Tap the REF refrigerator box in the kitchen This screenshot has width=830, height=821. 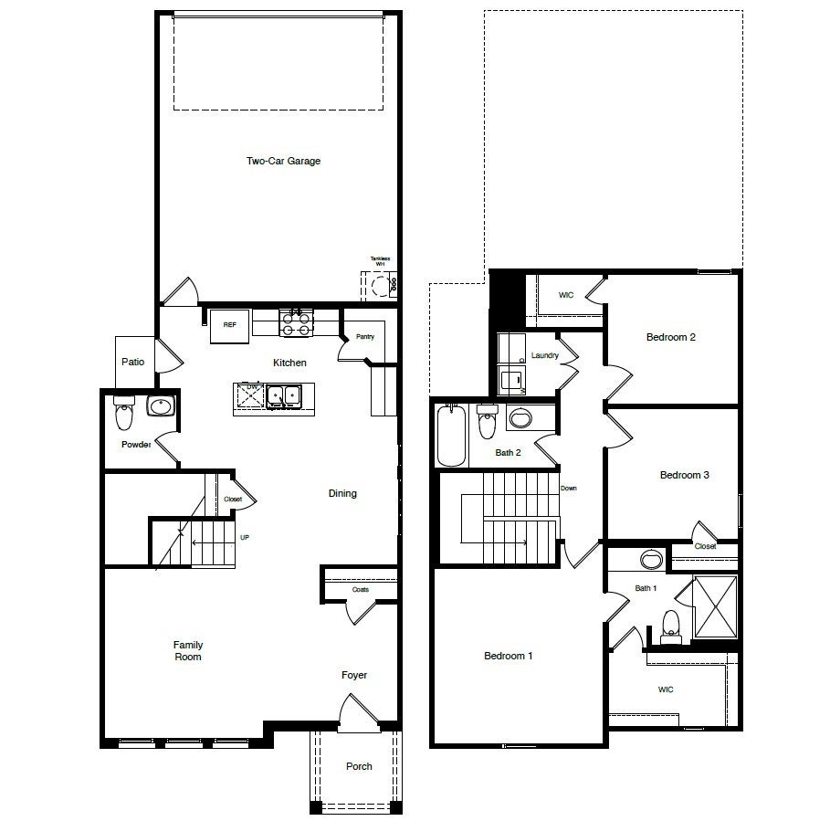[229, 326]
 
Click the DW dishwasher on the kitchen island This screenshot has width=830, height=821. [249, 395]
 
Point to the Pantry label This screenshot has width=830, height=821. [365, 337]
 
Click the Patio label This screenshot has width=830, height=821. [133, 362]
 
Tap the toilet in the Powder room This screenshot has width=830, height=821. [123, 416]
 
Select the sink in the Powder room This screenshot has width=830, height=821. [160, 405]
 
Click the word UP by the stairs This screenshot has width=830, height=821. [244, 538]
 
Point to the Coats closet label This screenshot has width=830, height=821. [360, 590]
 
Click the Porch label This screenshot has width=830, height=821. [359, 766]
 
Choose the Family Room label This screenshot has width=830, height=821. [188, 650]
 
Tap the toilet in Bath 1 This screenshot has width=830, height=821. [671, 626]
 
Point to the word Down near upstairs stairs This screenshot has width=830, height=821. [569, 489]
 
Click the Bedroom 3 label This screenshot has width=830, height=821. [685, 475]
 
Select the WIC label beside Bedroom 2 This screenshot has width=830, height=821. [566, 295]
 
